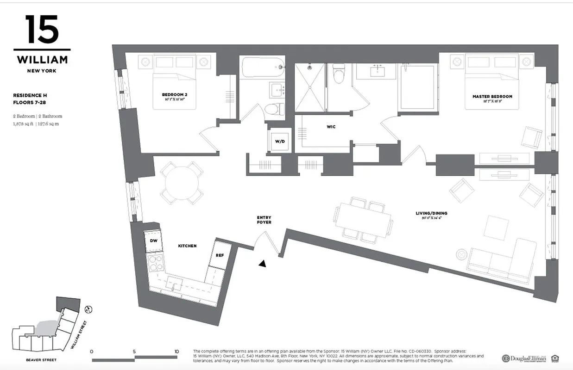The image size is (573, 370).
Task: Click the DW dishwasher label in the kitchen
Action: (x=153, y=240)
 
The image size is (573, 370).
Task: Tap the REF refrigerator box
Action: (x=220, y=255)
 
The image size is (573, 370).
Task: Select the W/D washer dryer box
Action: (x=280, y=141)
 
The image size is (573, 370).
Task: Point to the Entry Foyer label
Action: (x=264, y=220)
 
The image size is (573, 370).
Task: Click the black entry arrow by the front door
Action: (x=263, y=264)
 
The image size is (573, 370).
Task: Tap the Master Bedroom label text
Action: (x=492, y=97)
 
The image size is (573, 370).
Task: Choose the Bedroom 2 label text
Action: (x=171, y=95)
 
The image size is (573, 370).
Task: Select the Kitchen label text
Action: (x=188, y=246)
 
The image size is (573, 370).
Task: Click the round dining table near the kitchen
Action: (x=181, y=184)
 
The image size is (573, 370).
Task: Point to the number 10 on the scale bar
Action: (x=176, y=351)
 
